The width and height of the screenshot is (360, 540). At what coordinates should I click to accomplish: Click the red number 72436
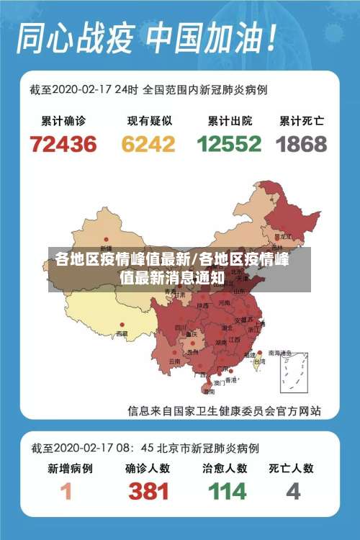click(63, 144)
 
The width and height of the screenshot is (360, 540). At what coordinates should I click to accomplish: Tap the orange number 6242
click(148, 144)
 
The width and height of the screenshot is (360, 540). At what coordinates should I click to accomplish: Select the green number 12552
click(229, 144)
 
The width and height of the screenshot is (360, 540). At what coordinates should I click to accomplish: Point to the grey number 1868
click(302, 144)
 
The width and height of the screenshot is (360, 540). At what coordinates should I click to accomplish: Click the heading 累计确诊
click(64, 120)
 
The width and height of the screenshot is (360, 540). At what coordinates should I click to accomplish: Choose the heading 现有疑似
click(148, 120)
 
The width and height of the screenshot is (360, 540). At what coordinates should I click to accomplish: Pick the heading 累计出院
click(229, 120)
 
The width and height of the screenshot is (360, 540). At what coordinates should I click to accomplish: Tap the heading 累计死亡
click(302, 120)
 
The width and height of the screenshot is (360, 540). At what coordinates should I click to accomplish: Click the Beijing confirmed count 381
click(148, 492)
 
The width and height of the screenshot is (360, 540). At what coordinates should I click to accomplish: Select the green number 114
click(227, 492)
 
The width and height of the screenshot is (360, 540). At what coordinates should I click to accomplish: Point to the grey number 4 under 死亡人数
click(292, 492)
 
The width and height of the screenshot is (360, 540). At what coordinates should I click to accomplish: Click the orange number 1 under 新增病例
click(66, 492)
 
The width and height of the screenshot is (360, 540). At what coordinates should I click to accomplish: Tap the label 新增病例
click(70, 468)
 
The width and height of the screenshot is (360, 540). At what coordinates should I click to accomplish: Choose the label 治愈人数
click(225, 468)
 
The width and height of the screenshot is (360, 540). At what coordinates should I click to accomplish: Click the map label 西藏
click(122, 333)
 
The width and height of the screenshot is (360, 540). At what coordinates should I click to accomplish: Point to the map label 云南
click(174, 361)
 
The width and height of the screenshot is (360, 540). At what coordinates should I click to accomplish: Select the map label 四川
click(181, 327)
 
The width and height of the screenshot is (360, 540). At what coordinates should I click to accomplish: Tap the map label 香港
click(231, 379)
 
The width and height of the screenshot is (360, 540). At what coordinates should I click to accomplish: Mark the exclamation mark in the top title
click(271, 36)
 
